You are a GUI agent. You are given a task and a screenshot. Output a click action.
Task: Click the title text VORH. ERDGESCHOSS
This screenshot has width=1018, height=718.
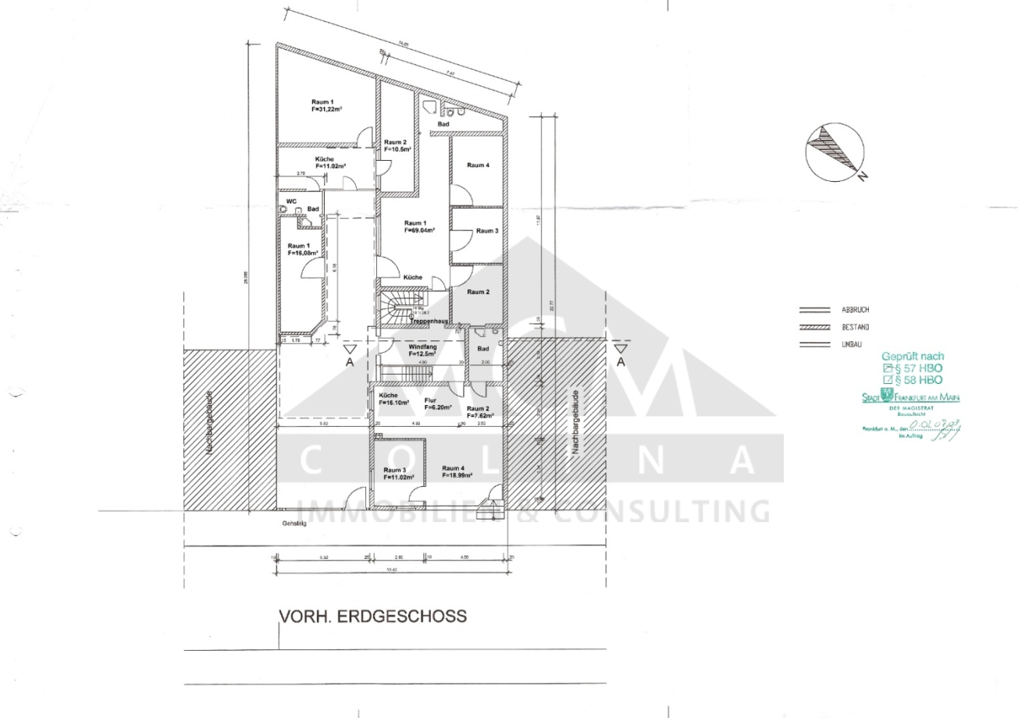click(x=373, y=617)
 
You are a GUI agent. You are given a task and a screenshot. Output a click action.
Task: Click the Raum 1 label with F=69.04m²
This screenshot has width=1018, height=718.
click(x=418, y=226)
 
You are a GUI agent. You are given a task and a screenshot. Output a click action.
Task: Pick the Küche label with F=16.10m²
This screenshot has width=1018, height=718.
click(x=394, y=400)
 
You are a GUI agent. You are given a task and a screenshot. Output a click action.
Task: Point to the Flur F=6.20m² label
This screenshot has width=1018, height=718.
click(x=434, y=403)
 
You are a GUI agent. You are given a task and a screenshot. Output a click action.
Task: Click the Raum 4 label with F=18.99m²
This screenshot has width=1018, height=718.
click(x=457, y=471)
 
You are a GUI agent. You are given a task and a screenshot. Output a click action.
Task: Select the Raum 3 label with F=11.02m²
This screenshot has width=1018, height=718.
click(x=397, y=473)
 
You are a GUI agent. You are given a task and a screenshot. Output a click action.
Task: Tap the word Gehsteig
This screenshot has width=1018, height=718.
click(x=295, y=524)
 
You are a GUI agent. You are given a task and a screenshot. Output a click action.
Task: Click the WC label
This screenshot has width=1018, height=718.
click(x=292, y=201)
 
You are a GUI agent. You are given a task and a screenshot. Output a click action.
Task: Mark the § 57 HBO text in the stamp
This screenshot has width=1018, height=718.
click(x=918, y=367)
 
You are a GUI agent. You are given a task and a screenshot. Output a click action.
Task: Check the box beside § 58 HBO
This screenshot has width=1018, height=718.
click(x=887, y=380)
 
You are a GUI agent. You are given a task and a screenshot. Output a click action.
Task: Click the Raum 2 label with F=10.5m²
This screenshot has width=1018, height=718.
click(x=395, y=146)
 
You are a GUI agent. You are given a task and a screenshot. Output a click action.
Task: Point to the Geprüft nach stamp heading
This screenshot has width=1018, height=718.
click(x=912, y=354)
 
